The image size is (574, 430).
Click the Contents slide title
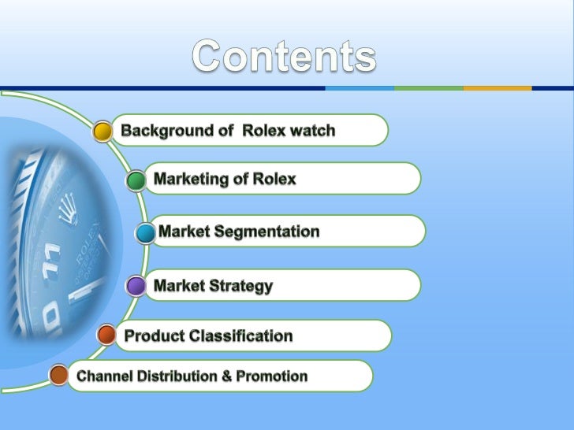pyautogui.click(x=285, y=57)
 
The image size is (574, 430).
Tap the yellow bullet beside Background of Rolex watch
pyautogui.click(x=102, y=131)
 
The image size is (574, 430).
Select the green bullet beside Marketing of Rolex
pyautogui.click(x=136, y=180)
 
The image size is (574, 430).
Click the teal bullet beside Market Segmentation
pyautogui.click(x=145, y=233)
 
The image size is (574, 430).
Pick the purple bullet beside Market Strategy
pyautogui.click(x=136, y=286)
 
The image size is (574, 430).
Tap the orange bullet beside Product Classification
pyautogui.click(x=106, y=336)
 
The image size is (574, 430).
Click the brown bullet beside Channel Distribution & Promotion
pyautogui.click(x=58, y=376)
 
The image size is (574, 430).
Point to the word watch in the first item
pyautogui.click(x=312, y=130)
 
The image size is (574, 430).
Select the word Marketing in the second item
pyautogui.click(x=190, y=180)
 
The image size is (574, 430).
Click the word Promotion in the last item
pyautogui.click(x=272, y=376)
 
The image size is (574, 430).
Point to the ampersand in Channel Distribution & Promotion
pyautogui.click(x=226, y=376)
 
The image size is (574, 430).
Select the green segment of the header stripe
pyautogui.click(x=427, y=87)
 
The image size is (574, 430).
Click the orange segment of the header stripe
pyautogui.click(x=497, y=87)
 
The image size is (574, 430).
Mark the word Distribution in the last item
pyautogui.click(x=178, y=376)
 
